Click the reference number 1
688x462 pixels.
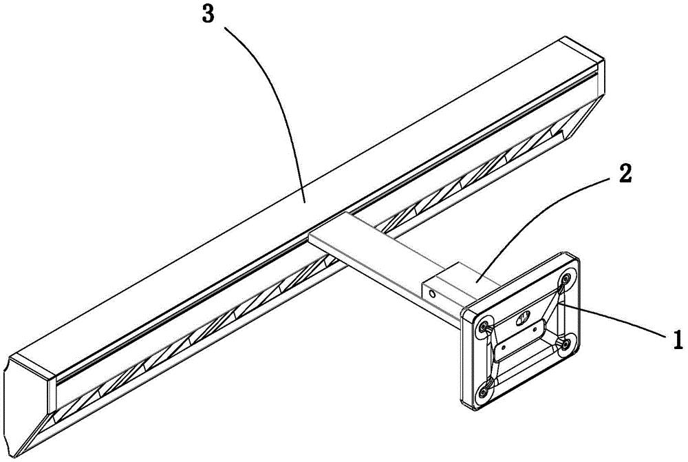[x=677, y=339]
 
